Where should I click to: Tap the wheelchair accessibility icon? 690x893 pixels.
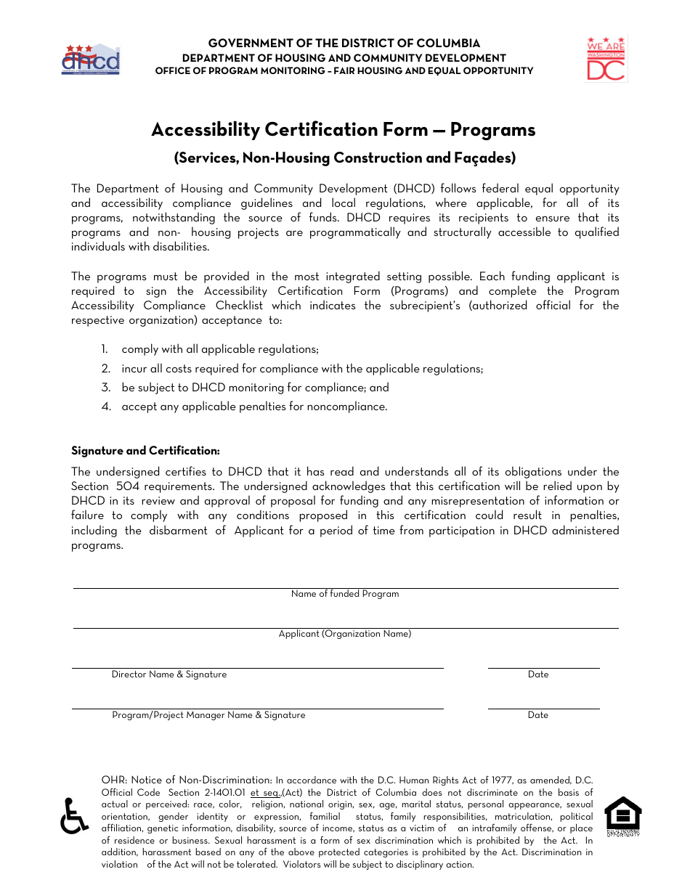(73, 816)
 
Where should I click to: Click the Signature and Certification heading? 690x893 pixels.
(145, 451)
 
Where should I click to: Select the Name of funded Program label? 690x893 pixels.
(345, 594)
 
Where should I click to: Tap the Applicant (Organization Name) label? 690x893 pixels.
(345, 634)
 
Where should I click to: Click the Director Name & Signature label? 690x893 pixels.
(169, 674)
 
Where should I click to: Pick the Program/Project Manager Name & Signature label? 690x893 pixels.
(208, 715)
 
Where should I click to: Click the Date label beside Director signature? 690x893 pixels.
(538, 674)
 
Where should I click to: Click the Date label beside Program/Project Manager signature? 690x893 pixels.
(538, 715)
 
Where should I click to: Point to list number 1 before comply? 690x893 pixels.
(105, 350)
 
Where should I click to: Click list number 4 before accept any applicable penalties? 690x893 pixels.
(106, 407)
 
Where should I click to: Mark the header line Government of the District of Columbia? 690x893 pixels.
(344, 44)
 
